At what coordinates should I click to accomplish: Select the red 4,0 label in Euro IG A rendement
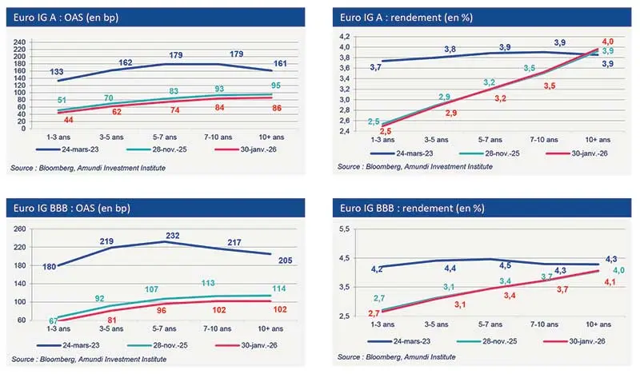[607, 41]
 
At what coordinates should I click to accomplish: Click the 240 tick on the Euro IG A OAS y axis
[21, 39]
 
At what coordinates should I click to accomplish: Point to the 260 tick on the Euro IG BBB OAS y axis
[21, 229]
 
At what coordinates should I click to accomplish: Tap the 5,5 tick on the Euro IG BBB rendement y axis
[346, 229]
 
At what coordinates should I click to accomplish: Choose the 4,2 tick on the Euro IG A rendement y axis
[346, 37]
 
